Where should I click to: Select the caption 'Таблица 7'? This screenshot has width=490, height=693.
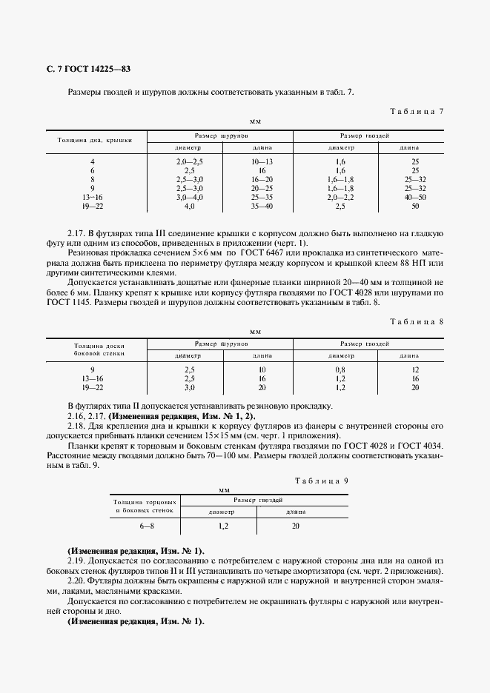[x=416, y=112]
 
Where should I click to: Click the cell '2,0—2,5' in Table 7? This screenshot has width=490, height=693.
[x=189, y=161]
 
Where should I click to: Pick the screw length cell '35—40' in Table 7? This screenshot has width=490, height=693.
[x=262, y=205]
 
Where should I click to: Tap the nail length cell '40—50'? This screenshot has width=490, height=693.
[x=415, y=196]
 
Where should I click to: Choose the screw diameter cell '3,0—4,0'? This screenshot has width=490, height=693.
[x=189, y=196]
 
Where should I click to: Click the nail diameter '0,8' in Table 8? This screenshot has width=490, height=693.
[x=340, y=369]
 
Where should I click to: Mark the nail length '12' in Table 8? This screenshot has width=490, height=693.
[x=415, y=369]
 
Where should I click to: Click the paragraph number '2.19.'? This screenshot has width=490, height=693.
[x=77, y=561]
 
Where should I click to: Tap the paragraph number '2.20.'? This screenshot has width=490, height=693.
[x=77, y=581]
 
